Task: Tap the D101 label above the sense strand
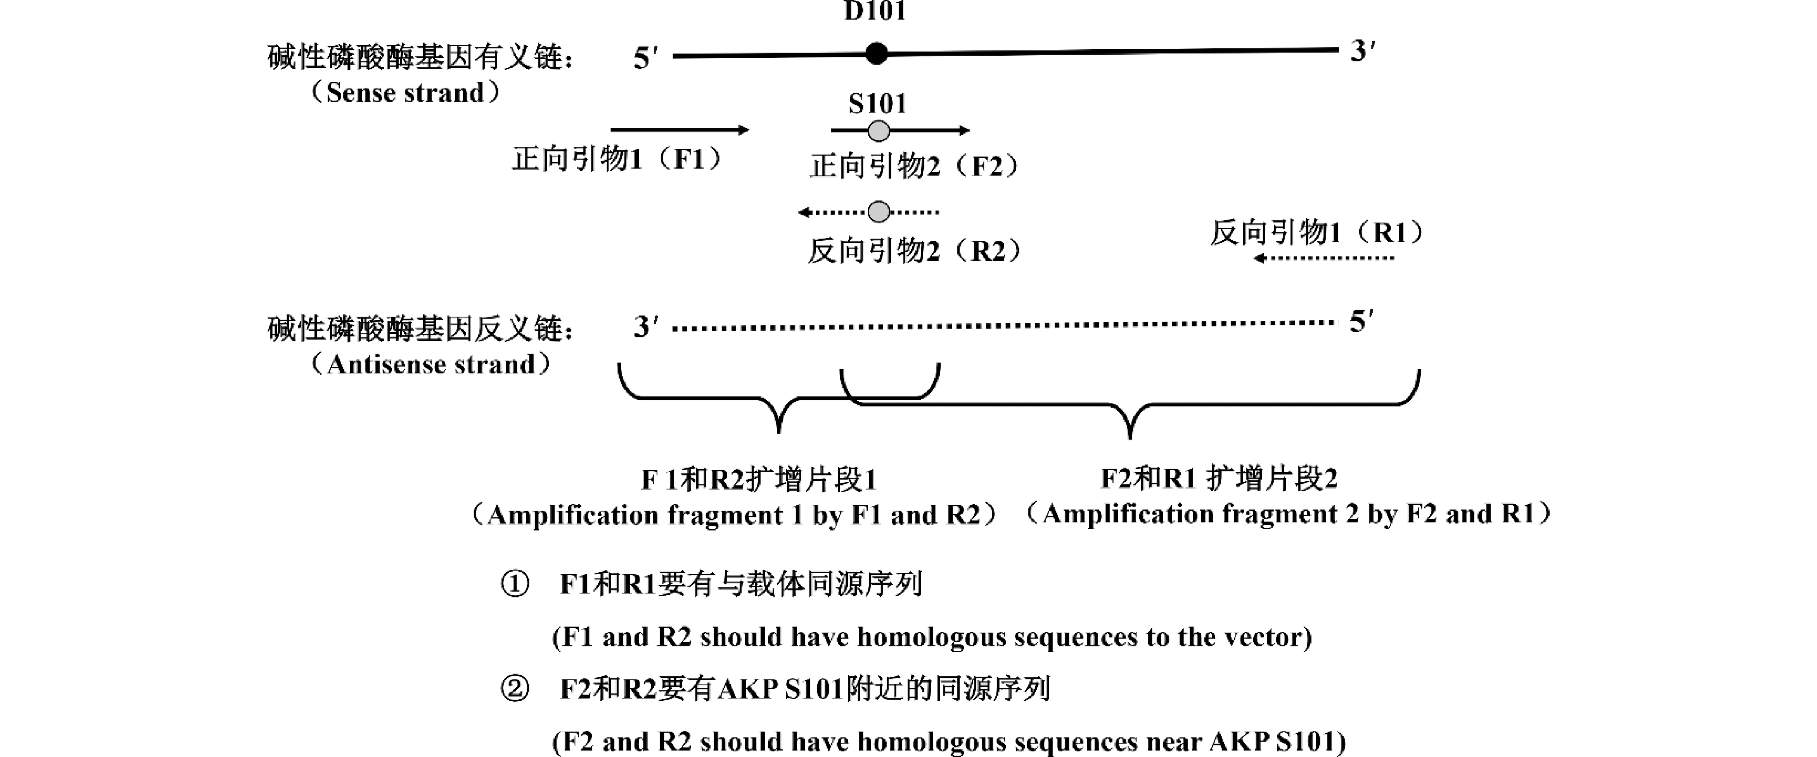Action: pos(875,11)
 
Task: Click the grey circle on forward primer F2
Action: pos(878,131)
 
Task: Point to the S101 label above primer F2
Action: pos(877,103)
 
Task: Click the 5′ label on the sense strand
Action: pos(645,58)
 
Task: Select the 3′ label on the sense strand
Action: pos(1361,51)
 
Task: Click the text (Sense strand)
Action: pos(405,92)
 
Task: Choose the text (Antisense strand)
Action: pos(430,364)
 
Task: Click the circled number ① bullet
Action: pos(514,584)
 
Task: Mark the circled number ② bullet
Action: pos(514,689)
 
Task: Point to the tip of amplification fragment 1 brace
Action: pos(779,430)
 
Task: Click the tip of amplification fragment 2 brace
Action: pos(1130,437)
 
